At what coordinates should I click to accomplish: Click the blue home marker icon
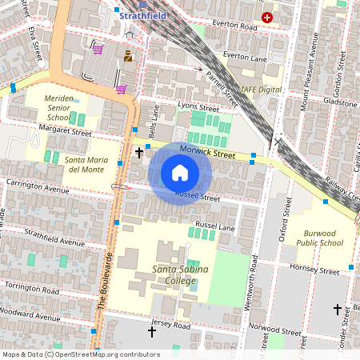click(x=180, y=173)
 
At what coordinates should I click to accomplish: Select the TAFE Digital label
click(x=262, y=90)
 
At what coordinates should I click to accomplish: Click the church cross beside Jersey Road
click(x=151, y=330)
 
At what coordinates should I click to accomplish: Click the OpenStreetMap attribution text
click(x=80, y=354)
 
